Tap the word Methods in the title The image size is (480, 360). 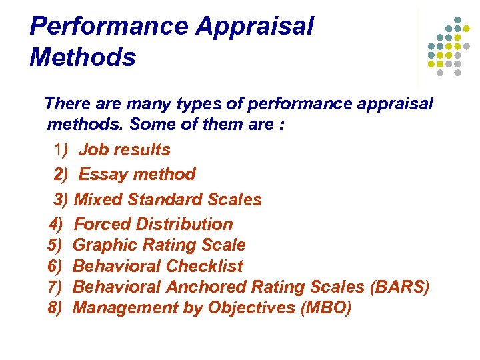(x=83, y=57)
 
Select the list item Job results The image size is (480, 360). (x=125, y=150)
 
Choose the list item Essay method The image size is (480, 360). (x=137, y=175)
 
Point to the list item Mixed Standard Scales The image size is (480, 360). (x=168, y=199)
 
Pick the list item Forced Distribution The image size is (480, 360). (x=153, y=224)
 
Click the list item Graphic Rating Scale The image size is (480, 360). (x=159, y=245)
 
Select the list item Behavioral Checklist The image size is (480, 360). (x=158, y=266)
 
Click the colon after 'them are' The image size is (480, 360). (x=282, y=125)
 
